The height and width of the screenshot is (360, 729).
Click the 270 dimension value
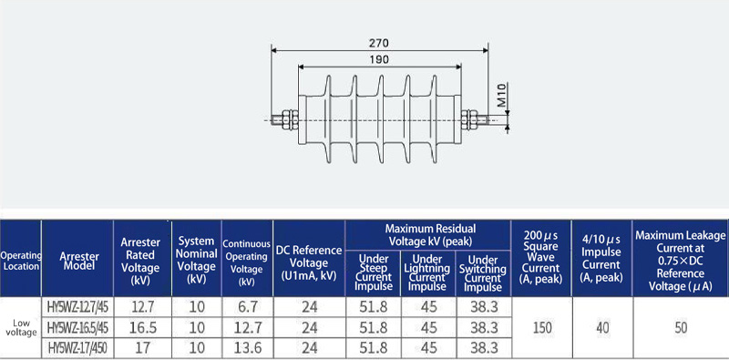(379, 43)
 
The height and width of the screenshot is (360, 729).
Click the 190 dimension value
(379, 59)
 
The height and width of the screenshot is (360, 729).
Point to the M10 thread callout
(502, 95)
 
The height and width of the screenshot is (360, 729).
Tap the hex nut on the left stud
(289, 119)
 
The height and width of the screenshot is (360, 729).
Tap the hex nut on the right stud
(470, 119)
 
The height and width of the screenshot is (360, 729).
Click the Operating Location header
(21, 261)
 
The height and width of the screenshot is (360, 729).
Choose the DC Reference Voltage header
(309, 262)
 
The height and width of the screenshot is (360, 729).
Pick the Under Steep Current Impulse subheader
(374, 273)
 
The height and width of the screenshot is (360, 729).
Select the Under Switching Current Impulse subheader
(483, 273)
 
